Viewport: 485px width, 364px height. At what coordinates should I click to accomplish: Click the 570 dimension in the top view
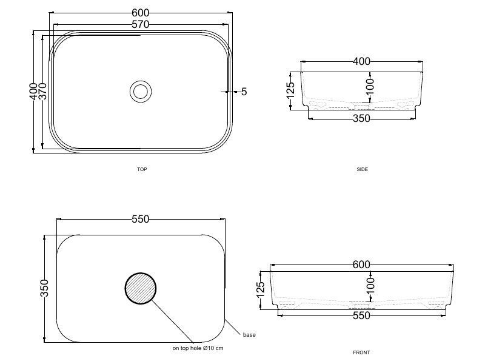click(x=141, y=24)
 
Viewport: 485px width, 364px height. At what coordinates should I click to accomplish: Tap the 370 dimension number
click(x=43, y=91)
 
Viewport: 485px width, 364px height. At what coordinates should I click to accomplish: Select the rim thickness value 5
click(x=244, y=92)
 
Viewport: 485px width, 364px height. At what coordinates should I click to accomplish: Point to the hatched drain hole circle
click(x=141, y=289)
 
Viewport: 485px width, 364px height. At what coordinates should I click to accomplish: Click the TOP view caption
click(x=142, y=169)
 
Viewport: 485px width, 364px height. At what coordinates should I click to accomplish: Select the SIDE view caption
click(x=362, y=169)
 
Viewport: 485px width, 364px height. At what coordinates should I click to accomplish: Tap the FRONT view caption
click(x=361, y=352)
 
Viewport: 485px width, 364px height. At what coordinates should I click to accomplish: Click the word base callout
click(x=249, y=335)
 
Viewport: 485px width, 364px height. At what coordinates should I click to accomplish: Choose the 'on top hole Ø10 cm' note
click(x=198, y=348)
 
